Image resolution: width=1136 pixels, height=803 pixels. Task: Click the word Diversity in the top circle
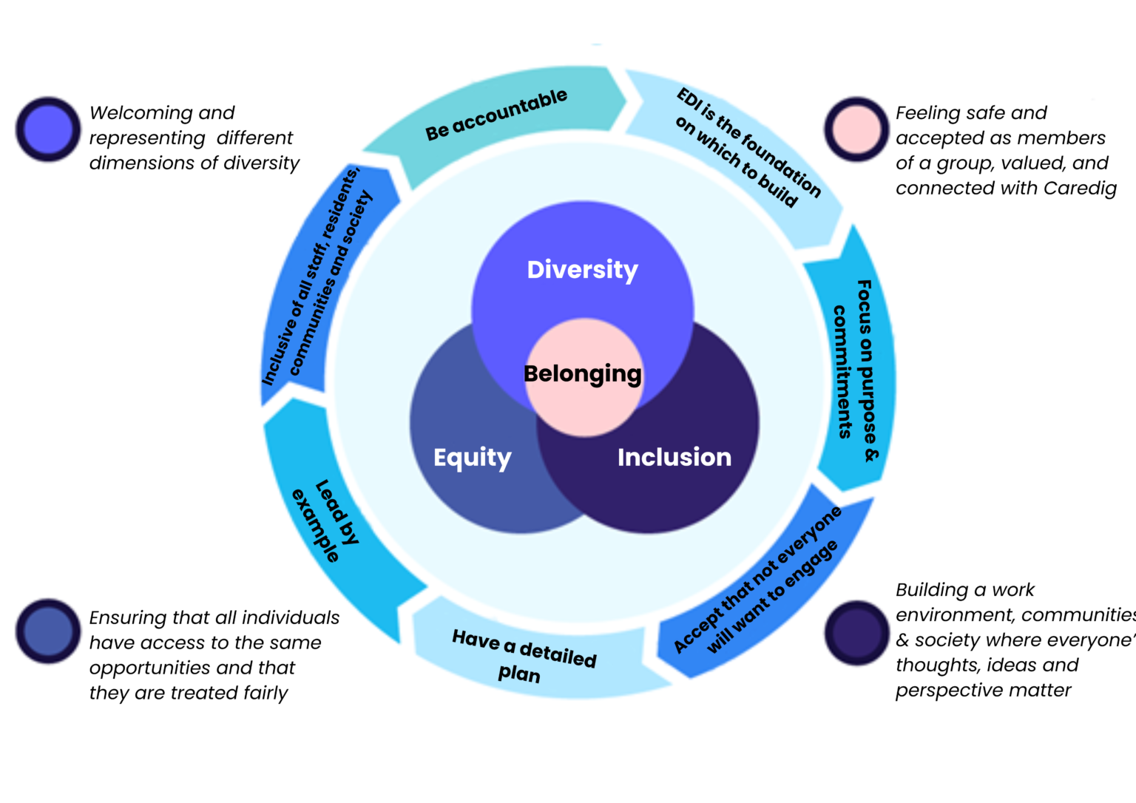582,270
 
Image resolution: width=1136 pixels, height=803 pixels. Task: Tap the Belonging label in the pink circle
583,374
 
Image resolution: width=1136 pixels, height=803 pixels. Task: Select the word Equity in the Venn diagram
473,458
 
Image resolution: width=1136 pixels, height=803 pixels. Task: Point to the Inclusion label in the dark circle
674,458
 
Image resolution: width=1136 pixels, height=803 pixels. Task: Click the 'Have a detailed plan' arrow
524,654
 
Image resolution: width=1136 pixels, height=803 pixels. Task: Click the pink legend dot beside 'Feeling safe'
856,129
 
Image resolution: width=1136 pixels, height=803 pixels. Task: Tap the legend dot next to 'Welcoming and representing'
48,129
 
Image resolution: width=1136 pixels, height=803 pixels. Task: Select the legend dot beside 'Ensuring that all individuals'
48,631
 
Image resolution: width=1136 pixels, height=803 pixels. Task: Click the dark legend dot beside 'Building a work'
856,633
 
